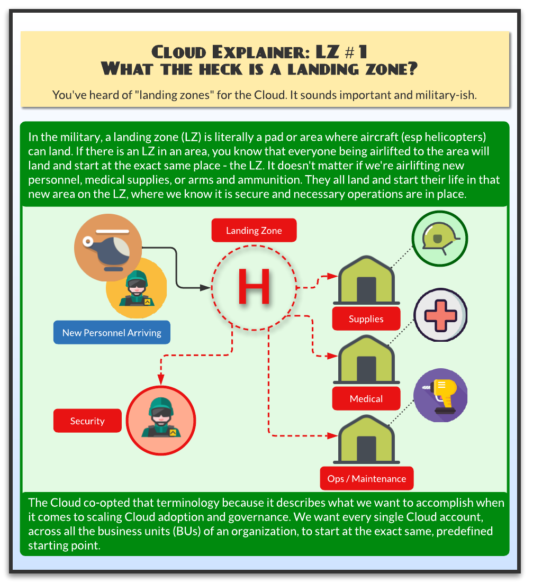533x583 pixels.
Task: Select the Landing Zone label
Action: [x=254, y=231]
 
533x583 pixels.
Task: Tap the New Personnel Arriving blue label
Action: [x=112, y=333]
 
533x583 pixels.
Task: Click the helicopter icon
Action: [x=108, y=246]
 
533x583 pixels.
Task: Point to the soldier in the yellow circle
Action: [x=137, y=289]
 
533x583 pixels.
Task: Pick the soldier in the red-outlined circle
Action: [x=161, y=420]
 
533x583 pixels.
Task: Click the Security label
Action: [x=87, y=421]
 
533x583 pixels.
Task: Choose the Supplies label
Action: [x=366, y=319]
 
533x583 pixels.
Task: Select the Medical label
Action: [x=366, y=399]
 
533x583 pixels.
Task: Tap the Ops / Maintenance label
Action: [x=366, y=479]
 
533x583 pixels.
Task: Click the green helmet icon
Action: [x=439, y=239]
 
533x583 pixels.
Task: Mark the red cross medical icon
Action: [x=439, y=316]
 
